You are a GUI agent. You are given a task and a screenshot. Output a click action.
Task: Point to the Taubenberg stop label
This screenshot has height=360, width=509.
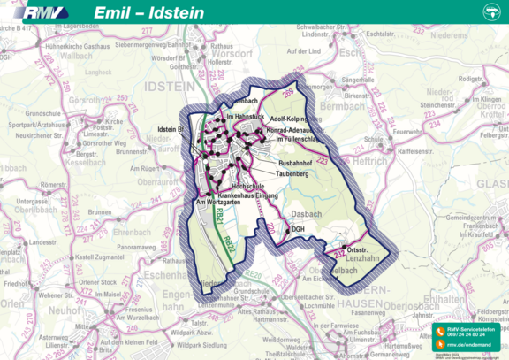point(291,174)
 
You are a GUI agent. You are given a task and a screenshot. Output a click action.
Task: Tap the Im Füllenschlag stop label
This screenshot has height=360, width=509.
point(301,139)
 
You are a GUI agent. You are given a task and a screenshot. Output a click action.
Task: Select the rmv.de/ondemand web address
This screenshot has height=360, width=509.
point(468,346)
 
